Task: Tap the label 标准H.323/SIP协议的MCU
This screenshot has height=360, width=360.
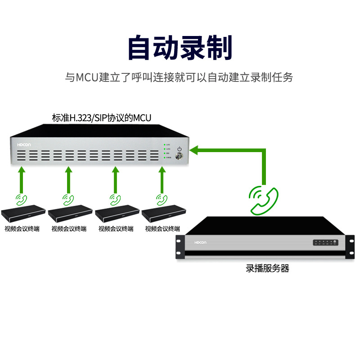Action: (102, 118)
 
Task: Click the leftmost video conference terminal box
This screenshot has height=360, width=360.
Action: (23, 213)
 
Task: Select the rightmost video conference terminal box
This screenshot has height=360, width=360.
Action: (163, 213)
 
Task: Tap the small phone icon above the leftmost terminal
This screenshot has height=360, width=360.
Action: (21, 198)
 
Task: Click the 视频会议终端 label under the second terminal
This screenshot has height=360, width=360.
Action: (69, 229)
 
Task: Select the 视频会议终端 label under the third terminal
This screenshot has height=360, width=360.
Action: (116, 229)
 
